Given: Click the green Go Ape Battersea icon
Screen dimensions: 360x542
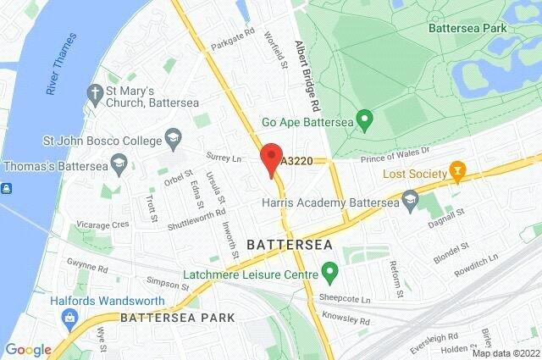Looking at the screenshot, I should pyautogui.click(x=364, y=122).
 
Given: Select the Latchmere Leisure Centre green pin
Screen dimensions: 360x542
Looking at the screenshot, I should pyautogui.click(x=329, y=274).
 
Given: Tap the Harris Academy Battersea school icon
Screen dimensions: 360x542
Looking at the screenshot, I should pyautogui.click(x=411, y=202).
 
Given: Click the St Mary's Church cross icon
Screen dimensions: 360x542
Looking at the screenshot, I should pyautogui.click(x=94, y=91).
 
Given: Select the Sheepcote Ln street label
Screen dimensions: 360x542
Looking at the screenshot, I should pyautogui.click(x=344, y=300).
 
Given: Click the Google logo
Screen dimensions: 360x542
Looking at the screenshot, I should pyautogui.click(x=28, y=349).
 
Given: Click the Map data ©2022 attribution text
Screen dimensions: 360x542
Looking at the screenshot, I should pyautogui.click(x=506, y=352).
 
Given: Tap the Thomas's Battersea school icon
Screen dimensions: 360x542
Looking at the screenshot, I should pyautogui.click(x=119, y=166).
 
